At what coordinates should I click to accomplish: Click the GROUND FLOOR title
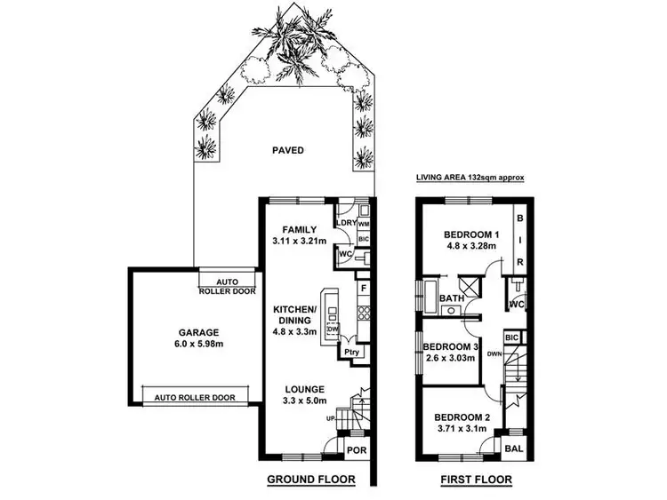(x=311, y=480)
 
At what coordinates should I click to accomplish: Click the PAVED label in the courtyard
(x=287, y=150)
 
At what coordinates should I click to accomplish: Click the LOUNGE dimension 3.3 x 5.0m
(x=299, y=401)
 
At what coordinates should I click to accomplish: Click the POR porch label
(x=357, y=452)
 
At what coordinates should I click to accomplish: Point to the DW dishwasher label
(x=332, y=329)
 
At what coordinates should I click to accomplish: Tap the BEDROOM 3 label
(x=452, y=345)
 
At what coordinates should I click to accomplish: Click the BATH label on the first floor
(x=449, y=298)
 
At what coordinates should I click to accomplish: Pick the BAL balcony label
(x=514, y=449)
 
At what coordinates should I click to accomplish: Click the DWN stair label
(x=495, y=353)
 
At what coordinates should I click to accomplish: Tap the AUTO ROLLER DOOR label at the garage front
(x=195, y=398)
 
